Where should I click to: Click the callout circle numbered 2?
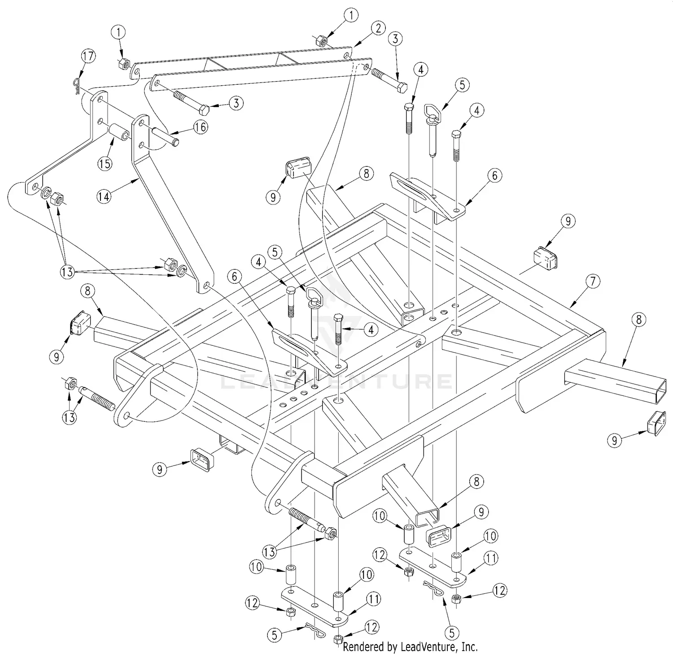(378, 28)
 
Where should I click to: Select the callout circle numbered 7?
(593, 282)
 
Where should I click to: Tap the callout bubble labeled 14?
(104, 196)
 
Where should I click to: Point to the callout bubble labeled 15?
(105, 163)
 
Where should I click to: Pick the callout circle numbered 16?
(201, 127)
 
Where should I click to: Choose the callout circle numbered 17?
(88, 56)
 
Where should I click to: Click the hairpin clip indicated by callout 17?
(76, 86)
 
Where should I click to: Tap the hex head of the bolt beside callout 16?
(204, 109)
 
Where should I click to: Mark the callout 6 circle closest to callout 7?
(494, 175)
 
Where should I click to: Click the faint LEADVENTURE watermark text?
(336, 381)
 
